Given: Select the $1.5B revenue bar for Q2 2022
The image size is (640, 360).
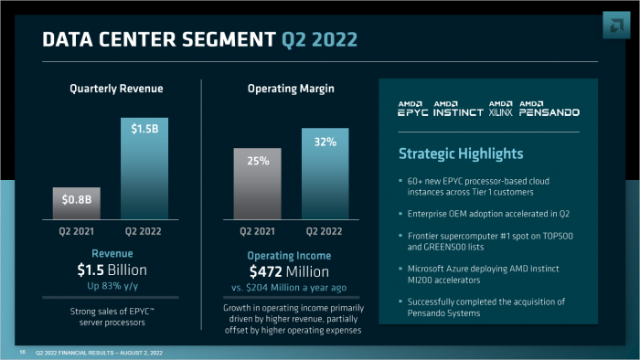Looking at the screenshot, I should pyautogui.click(x=144, y=168).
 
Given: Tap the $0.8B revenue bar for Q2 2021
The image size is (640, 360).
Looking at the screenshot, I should pyautogui.click(x=75, y=202).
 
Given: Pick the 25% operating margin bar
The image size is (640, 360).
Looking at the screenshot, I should pyautogui.click(x=258, y=184).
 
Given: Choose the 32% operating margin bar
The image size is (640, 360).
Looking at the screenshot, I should pyautogui.click(x=325, y=174).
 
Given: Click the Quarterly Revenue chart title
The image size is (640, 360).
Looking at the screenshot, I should pyautogui.click(x=116, y=89).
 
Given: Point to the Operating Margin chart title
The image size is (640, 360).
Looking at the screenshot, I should pyautogui.click(x=290, y=89).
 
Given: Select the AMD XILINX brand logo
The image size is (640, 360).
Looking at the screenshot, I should pyautogui.click(x=502, y=109).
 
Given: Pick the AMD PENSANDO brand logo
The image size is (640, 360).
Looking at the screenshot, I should pyautogui.click(x=549, y=109).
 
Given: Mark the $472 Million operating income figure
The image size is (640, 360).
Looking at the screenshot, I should pyautogui.click(x=290, y=270).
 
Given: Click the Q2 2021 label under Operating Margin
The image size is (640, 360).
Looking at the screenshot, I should pyautogui.click(x=257, y=231).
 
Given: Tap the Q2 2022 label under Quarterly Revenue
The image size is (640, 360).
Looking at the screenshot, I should pyautogui.click(x=143, y=231).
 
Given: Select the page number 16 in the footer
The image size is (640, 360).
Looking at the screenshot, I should pyautogui.click(x=21, y=352).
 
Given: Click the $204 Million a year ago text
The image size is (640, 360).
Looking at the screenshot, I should pyautogui.click(x=299, y=287).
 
